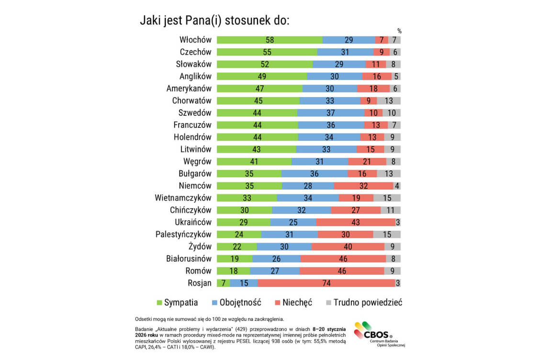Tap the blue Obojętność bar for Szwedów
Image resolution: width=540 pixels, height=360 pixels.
[330, 113]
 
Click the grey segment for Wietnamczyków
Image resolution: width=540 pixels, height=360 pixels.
[387, 198]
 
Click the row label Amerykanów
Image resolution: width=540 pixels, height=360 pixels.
[189, 89]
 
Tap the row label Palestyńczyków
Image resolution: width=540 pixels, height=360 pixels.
[183, 234]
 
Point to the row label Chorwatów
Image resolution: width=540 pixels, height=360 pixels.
[191, 101]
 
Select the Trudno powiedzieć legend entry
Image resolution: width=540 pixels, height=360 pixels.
[364, 303]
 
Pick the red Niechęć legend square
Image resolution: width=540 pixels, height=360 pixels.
[278, 303]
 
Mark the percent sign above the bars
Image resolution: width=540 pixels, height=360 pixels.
[399, 31]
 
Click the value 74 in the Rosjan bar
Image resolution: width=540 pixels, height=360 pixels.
[326, 283]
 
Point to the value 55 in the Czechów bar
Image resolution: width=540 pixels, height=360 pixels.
[267, 52]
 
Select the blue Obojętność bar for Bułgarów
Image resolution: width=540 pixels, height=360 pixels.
[314, 174]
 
